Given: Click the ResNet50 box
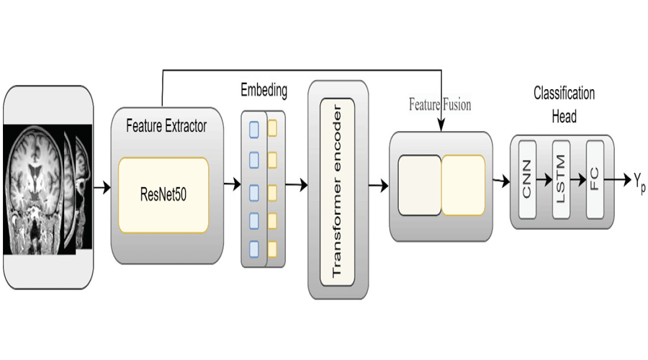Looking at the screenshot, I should coord(163,195).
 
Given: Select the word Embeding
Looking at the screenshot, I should coord(264,91).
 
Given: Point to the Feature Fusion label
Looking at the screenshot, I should coord(440,105).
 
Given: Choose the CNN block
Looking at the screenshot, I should coord(528,180).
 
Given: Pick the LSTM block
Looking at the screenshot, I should coord(562,180).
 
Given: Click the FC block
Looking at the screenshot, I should coord(595,180).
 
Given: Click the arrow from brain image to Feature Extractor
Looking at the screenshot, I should coord(103,188).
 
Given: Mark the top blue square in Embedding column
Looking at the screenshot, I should coord(253,130).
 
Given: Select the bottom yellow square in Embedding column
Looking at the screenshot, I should coord(273,249).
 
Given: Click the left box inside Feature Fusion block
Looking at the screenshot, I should coord(419,185).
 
